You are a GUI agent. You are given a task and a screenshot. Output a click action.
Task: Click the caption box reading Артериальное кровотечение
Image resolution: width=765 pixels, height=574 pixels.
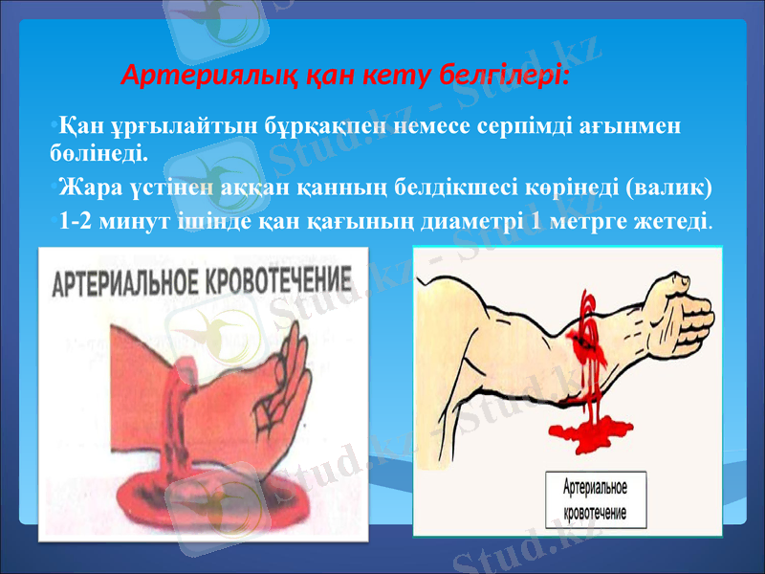pos(595,497)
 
